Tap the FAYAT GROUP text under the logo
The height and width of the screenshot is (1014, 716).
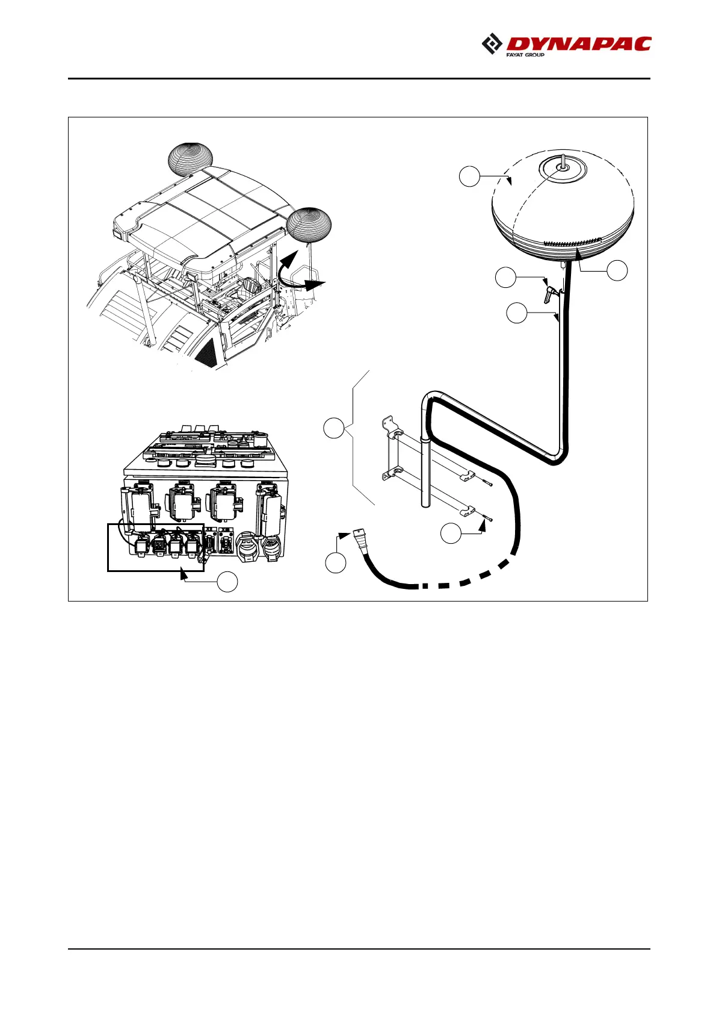click(525, 55)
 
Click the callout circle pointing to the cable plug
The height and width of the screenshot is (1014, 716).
click(336, 562)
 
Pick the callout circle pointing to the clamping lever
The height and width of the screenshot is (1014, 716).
click(506, 278)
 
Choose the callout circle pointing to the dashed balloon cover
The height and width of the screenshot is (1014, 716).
click(469, 177)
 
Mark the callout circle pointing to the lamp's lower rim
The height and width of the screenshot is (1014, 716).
click(617, 270)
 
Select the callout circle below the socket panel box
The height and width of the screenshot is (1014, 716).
click(227, 582)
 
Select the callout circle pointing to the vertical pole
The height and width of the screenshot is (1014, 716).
click(517, 314)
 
